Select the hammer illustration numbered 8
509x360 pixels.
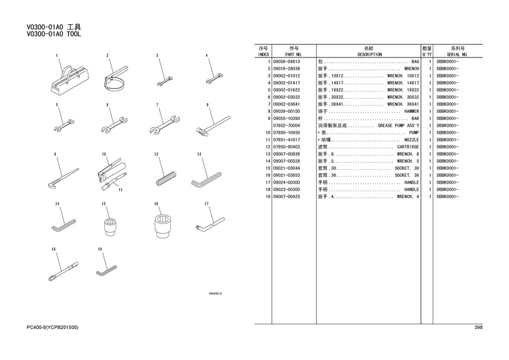point(213,125)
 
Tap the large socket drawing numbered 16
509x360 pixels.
point(162,225)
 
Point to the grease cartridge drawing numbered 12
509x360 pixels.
point(166,179)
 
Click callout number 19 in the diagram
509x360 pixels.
point(99,249)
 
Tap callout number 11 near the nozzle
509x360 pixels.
point(121,190)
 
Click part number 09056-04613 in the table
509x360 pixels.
point(287,62)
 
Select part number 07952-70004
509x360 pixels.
point(287,125)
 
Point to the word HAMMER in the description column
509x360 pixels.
point(411,112)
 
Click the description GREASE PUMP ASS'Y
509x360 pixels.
point(398,125)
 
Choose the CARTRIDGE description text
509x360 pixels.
point(408,147)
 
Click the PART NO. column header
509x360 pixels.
point(293,55)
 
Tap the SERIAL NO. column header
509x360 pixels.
point(457,55)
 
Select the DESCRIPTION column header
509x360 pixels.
point(370,55)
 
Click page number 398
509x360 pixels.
point(479,327)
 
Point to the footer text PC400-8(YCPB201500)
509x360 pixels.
point(52,327)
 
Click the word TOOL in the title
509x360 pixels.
point(74,35)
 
